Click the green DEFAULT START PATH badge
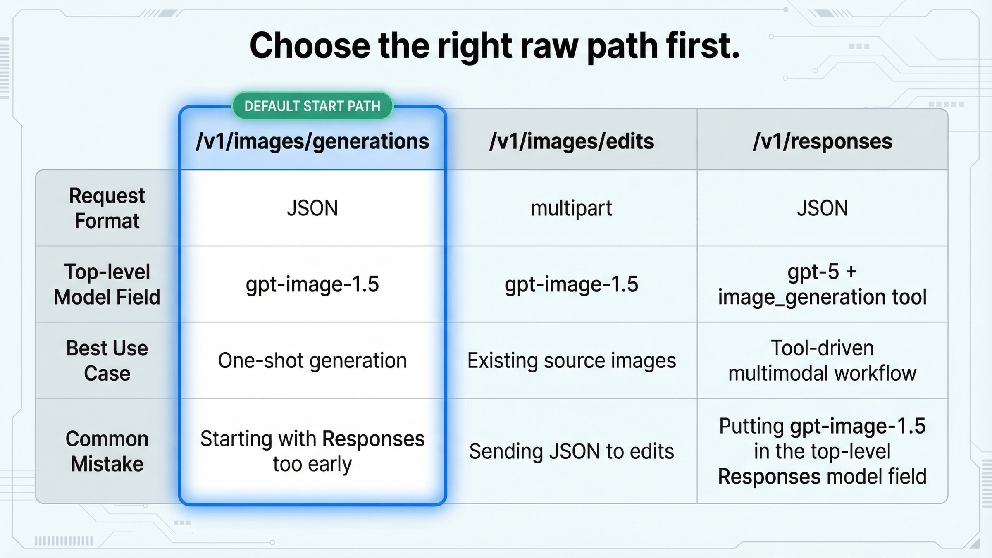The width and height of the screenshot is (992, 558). pos(312,106)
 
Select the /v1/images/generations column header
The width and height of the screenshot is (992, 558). pos(312,141)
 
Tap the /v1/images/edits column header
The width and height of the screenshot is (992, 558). pos(571,141)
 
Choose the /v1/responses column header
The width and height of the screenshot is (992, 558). pos(822,141)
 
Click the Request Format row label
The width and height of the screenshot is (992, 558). pos(107,208)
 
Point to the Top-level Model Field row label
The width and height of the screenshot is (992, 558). pos(107,284)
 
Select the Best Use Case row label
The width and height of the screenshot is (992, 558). pos(107,360)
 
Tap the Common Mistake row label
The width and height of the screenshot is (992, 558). pos(107,451)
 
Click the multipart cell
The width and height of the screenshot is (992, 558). pos(571,208)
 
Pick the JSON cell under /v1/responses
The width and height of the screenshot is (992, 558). pos(822,208)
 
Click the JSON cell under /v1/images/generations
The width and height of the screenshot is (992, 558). pos(312,208)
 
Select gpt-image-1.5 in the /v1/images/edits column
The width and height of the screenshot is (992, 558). pos(571,284)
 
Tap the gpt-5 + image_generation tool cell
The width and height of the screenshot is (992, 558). pos(822,284)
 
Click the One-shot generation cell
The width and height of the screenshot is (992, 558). pos(312,360)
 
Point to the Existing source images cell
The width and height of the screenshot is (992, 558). pos(571,360)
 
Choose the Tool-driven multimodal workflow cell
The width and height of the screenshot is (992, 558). pos(822,360)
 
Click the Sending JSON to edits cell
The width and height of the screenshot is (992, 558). pos(571,451)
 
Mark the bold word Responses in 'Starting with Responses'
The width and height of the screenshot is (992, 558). pos(373,439)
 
